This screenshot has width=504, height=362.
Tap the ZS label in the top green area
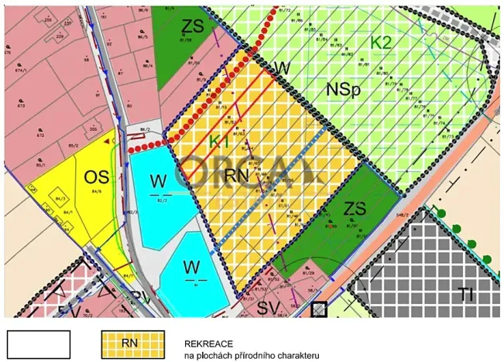193,27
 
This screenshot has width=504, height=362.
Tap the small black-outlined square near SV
318,309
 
